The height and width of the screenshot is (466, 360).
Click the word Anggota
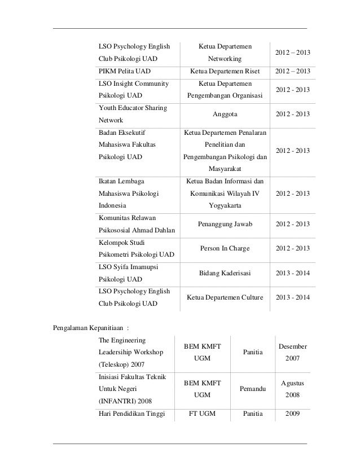click(225, 114)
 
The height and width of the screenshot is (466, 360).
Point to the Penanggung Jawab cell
click(225, 224)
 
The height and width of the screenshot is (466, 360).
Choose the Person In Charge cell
click(225, 248)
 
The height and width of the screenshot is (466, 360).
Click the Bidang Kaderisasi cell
click(225, 273)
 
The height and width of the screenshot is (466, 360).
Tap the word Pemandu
click(252, 389)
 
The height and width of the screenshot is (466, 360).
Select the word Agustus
click(292, 383)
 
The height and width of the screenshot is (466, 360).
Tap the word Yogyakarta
click(225, 206)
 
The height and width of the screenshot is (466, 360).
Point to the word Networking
click(225, 59)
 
